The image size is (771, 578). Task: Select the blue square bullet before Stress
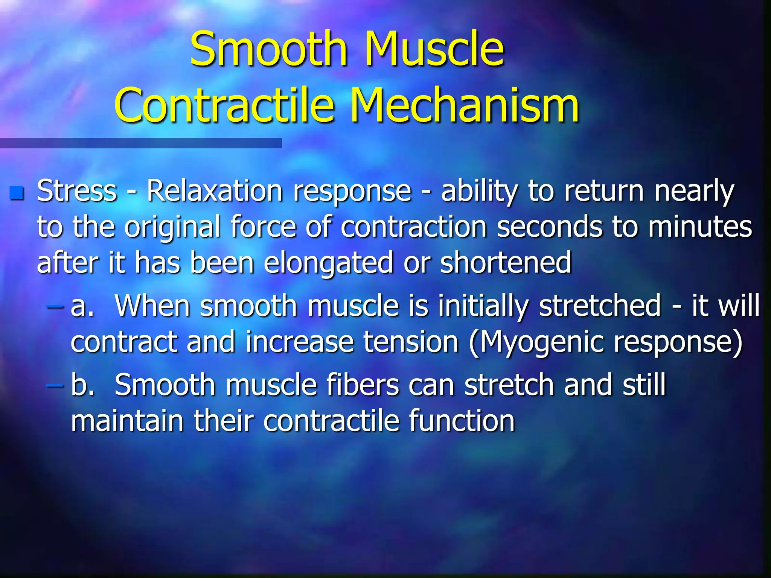point(17,193)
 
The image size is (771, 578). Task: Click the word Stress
point(77,191)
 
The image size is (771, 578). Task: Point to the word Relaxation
point(215,191)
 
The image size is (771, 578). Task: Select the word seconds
point(549,227)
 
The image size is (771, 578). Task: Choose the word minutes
point(700,227)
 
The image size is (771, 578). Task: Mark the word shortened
point(506,262)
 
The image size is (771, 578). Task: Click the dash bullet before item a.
point(55,306)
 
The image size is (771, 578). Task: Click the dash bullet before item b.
point(55,385)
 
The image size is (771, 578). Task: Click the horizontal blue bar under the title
point(141,143)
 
